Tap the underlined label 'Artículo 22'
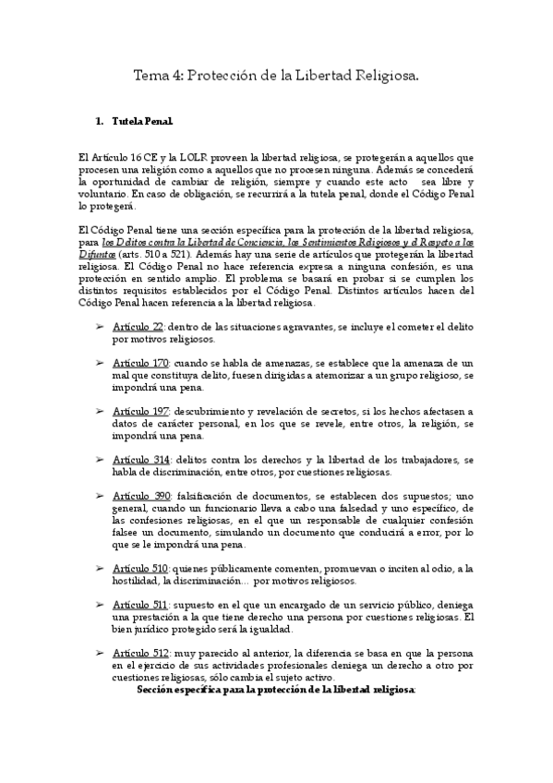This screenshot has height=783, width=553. pos(138,327)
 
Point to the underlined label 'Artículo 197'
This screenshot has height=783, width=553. pos(140,410)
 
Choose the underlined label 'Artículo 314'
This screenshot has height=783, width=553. pos(140,459)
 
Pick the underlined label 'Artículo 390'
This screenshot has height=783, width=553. pos(140,496)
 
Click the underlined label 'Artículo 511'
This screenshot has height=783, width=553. pos(140,604)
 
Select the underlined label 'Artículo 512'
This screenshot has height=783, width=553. pos(140,652)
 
